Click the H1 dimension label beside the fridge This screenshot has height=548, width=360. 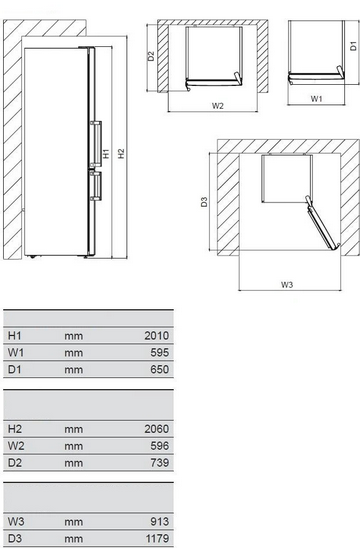(106, 153)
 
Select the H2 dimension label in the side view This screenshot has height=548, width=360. (121, 153)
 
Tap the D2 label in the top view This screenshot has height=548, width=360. (151, 56)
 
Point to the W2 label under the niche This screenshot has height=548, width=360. (217, 106)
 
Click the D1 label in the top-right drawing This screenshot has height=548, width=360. (354, 46)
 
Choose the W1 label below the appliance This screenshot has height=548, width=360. (316, 99)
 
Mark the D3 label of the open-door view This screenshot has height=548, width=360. (204, 202)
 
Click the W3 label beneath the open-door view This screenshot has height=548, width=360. (287, 284)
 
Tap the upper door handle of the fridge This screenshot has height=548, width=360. (96, 144)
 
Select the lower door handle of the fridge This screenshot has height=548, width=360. (96, 186)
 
